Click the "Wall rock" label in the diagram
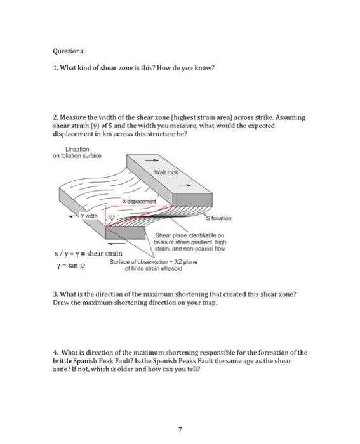[166, 172]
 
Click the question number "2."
[56, 117]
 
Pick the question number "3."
[56, 295]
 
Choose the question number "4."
[56, 351]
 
